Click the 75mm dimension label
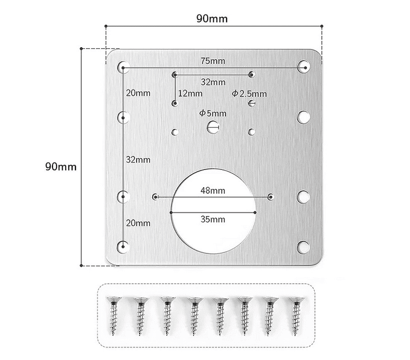[x=213, y=62]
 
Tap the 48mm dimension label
[x=213, y=190]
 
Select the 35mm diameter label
[x=213, y=219]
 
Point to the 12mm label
[x=190, y=93]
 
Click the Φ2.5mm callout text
[x=249, y=93]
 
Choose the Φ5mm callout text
[x=213, y=113]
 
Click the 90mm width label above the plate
[x=212, y=18]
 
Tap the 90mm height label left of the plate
[x=61, y=166]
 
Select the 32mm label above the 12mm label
[x=213, y=81]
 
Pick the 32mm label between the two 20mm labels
[x=138, y=159]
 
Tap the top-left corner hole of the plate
[x=123, y=67]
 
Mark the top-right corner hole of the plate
[x=303, y=67]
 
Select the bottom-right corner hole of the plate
[x=303, y=247]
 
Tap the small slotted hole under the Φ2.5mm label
[x=251, y=103]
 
